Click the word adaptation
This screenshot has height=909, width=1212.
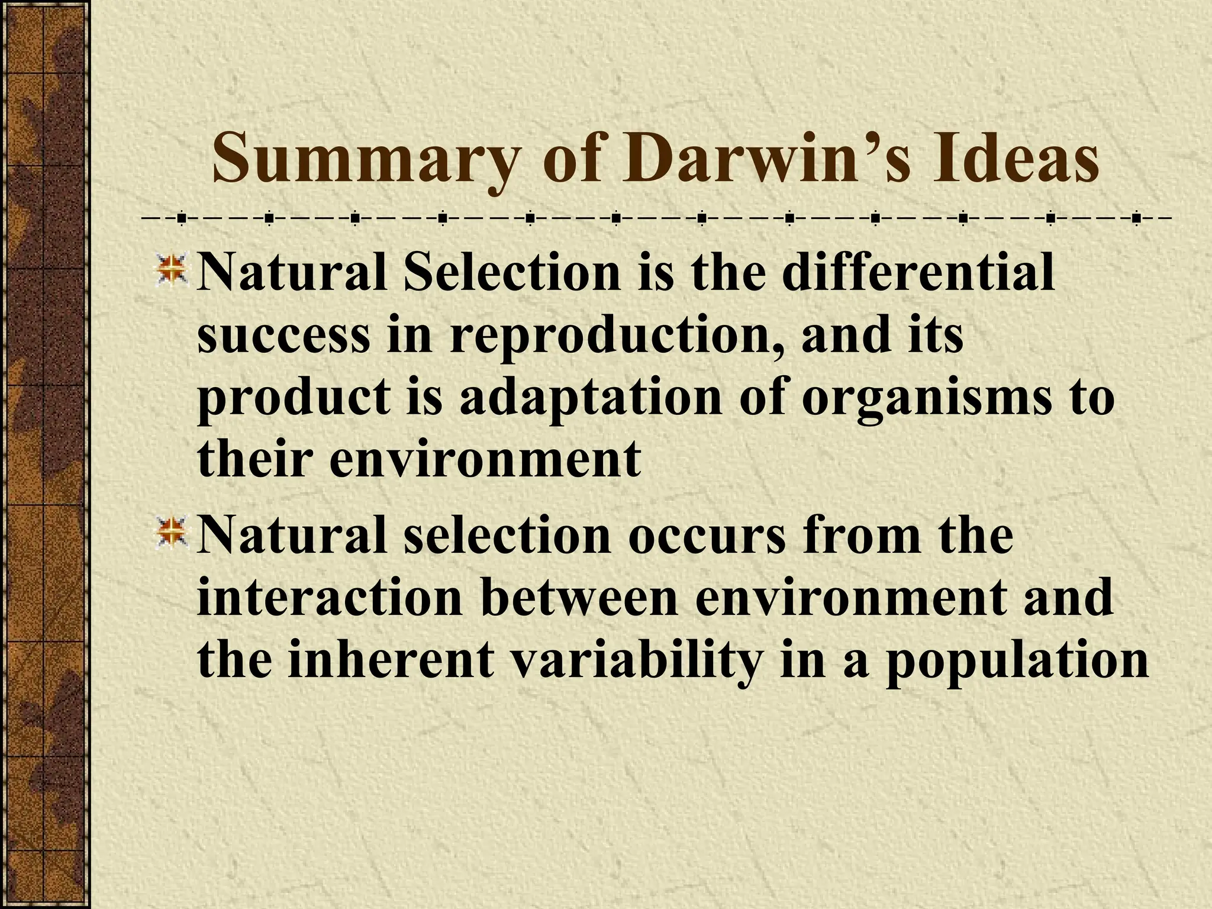point(592,398)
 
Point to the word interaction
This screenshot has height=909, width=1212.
point(329,598)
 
